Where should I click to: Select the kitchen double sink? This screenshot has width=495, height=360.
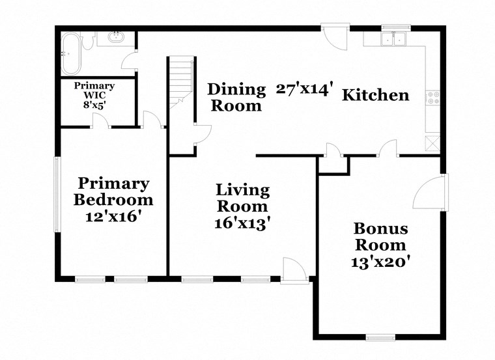click(393, 40)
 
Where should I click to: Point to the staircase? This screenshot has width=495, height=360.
click(180, 81)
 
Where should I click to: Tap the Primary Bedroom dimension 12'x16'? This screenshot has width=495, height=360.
click(113, 217)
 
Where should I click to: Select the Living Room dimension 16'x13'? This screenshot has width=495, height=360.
click(243, 223)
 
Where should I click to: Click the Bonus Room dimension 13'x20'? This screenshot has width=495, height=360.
click(381, 262)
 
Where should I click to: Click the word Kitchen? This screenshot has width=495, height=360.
click(376, 95)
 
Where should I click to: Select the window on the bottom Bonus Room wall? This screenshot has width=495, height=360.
click(380, 337)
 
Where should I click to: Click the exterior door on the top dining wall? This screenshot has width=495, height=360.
click(337, 37)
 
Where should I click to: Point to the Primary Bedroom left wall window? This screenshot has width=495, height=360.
click(57, 194)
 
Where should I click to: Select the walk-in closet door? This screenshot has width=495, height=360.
click(100, 121)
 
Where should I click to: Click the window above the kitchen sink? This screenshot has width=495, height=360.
click(393, 27)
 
